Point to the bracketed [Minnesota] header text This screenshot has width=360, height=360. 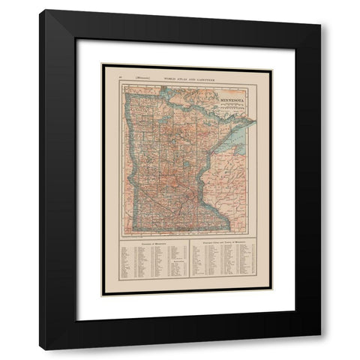pyautogui.click(x=139, y=77)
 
